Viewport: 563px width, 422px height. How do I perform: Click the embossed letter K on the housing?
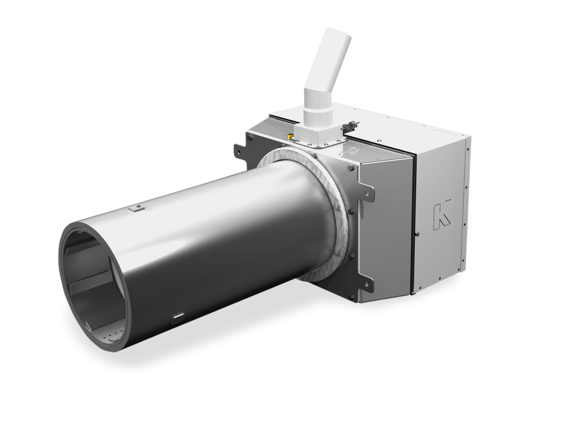(x=442, y=216)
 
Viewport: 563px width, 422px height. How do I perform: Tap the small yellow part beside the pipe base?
(x=290, y=136)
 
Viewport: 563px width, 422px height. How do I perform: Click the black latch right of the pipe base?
(x=350, y=126)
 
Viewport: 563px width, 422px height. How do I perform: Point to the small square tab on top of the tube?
(x=136, y=207)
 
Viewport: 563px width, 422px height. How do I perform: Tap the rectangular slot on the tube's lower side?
(x=178, y=316)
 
